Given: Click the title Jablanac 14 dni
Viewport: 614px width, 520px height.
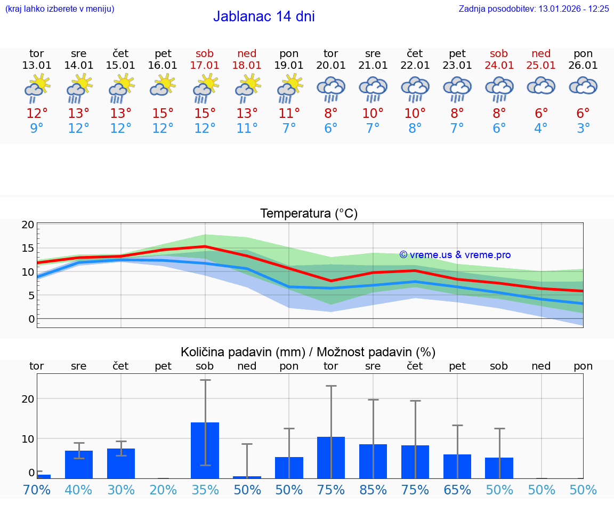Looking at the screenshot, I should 264,17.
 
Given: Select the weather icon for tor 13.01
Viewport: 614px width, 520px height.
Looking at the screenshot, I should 37,88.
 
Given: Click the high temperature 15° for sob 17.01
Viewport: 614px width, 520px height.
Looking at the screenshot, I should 205,114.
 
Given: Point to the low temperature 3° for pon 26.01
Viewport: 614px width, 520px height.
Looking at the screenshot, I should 583,129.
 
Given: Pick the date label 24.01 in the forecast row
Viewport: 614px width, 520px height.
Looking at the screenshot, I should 499,66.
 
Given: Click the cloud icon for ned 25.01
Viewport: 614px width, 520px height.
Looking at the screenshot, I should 541,86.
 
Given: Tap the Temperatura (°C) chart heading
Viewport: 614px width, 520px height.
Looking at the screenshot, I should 309,214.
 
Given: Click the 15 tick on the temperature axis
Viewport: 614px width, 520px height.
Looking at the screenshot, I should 28,248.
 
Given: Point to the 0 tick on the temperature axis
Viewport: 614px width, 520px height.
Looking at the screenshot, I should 31,319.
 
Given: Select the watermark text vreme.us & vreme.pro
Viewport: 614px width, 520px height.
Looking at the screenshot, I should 455,255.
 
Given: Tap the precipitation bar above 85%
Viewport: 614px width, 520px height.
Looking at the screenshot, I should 373,461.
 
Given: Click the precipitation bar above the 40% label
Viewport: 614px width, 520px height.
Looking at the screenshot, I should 79,464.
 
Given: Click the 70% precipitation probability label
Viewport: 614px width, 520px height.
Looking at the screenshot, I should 37,490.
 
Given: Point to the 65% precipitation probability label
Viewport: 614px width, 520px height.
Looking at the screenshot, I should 457,490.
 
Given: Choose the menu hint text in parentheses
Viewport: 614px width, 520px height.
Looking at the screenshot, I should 60,9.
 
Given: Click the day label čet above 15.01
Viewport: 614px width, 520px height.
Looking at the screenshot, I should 121,53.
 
